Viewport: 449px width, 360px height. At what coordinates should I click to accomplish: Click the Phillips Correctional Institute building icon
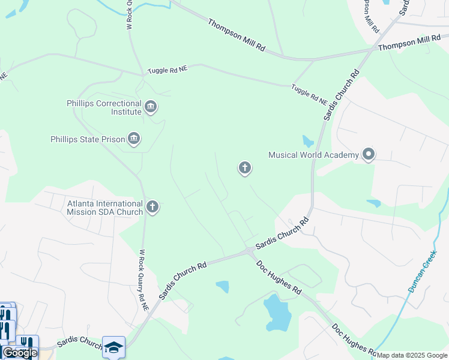151,108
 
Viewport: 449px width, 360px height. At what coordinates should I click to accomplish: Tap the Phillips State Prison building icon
134,139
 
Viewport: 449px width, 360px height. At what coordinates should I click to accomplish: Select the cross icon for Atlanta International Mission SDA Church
152,208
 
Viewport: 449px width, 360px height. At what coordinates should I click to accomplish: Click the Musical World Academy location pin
369,155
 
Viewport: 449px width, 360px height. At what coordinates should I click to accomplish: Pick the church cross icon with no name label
244,168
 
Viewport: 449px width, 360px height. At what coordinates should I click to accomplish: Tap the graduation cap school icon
113,347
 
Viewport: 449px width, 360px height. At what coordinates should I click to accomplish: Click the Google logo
20,353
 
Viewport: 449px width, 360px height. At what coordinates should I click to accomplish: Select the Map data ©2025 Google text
412,355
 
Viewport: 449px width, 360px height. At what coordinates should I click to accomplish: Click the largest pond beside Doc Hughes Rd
277,313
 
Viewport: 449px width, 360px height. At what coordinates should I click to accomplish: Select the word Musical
283,155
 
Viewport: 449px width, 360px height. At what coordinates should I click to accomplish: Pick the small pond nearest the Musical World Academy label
308,142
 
